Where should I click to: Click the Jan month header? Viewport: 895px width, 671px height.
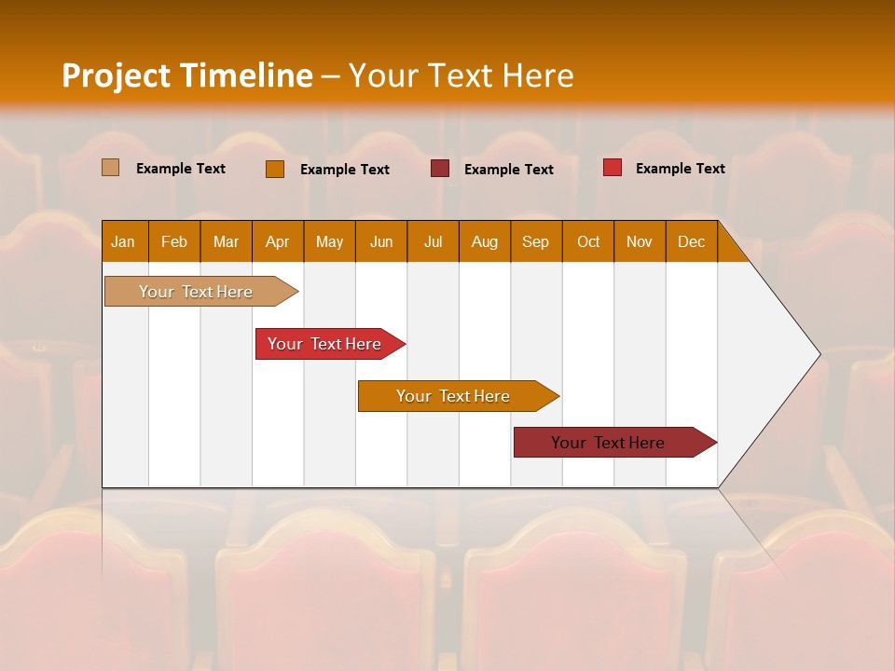(x=124, y=241)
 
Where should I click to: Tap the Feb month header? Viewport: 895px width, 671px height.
(x=174, y=241)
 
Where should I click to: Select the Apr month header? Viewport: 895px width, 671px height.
(x=278, y=241)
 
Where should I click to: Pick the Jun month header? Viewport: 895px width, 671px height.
(x=381, y=241)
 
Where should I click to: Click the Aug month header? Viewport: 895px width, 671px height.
(x=485, y=241)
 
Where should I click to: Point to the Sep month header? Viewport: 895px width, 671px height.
(x=536, y=241)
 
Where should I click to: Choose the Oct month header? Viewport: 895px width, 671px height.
(x=588, y=241)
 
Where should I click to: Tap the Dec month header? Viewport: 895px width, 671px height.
(x=692, y=241)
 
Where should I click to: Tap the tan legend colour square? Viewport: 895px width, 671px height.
(x=111, y=168)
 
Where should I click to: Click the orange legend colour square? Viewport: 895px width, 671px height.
(x=275, y=169)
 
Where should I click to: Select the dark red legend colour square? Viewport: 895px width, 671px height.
(x=440, y=169)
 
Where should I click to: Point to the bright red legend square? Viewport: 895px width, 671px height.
(x=613, y=168)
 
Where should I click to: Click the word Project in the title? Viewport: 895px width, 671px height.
(x=117, y=75)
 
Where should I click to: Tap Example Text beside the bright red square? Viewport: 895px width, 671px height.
(x=681, y=168)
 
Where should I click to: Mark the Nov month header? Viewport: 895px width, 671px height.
(x=640, y=241)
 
